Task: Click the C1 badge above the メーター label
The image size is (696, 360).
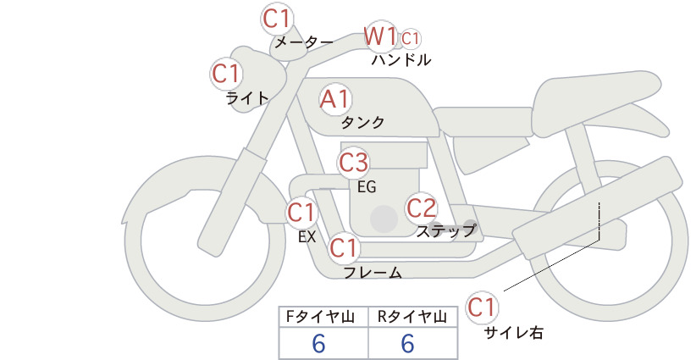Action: click(276, 19)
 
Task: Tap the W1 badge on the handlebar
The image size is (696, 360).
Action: click(380, 36)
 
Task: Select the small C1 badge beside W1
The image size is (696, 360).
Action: click(411, 39)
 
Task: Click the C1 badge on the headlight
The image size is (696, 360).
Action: click(226, 74)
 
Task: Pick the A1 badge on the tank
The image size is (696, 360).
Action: click(335, 99)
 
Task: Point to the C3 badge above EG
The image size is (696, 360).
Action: click(354, 163)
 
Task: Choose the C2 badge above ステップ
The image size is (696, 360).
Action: click(422, 208)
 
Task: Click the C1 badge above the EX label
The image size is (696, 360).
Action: click(301, 213)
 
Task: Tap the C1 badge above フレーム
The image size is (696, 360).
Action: click(344, 247)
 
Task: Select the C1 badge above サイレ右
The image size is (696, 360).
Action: click(482, 307)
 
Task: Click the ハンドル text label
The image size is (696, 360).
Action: click(401, 60)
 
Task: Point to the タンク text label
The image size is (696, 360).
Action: click(362, 123)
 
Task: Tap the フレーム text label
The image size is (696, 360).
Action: click(373, 272)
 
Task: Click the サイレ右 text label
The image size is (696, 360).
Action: click(513, 333)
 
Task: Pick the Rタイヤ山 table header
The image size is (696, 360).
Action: click(413, 317)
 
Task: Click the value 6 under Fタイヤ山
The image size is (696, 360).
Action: click(318, 344)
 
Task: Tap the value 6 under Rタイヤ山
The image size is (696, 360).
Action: click(407, 344)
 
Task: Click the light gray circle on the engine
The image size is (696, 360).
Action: click(384, 219)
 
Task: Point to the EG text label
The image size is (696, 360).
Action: click(367, 187)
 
